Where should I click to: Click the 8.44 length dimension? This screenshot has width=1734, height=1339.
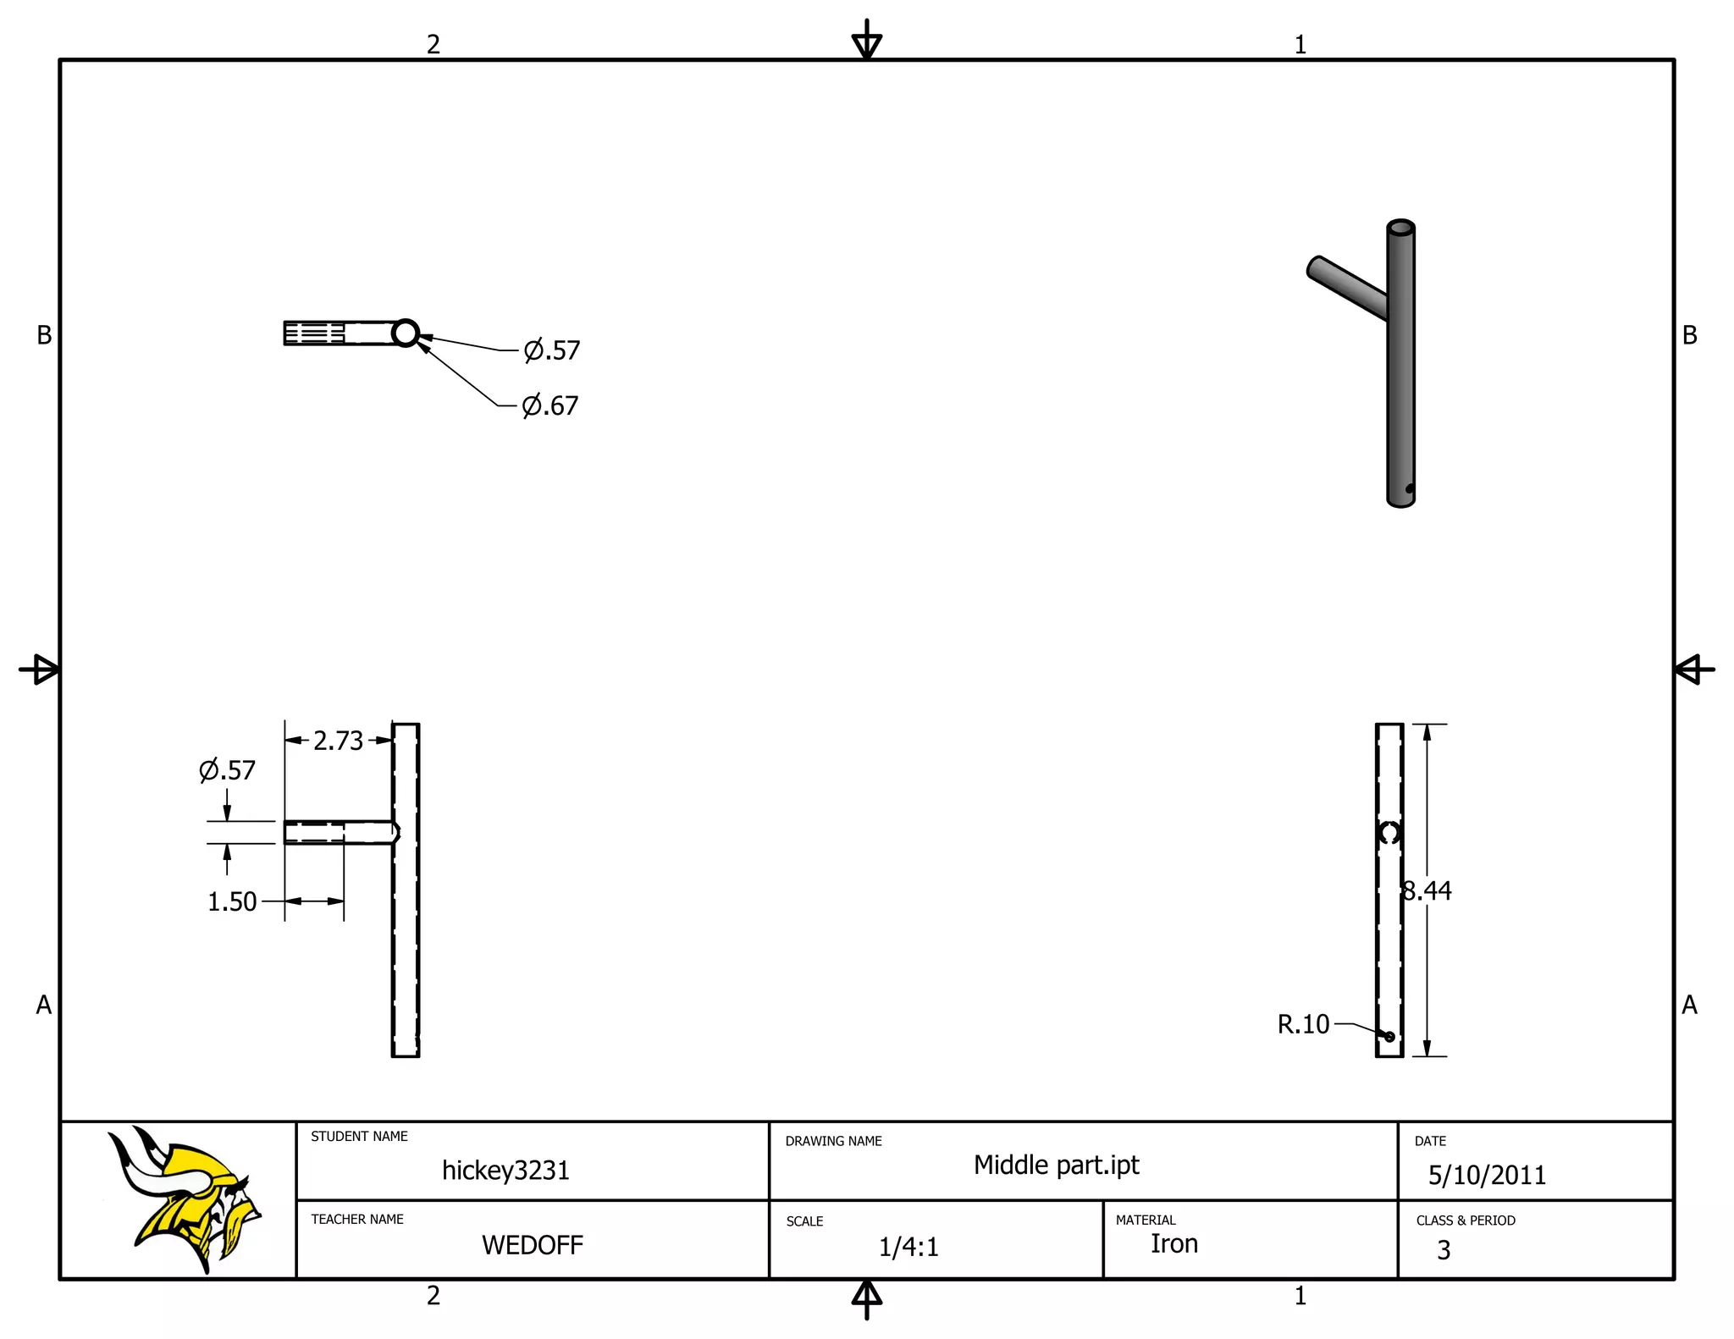coord(1427,890)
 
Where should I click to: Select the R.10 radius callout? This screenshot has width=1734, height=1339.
coord(1303,1024)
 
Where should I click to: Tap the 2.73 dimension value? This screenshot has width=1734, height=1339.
coord(338,741)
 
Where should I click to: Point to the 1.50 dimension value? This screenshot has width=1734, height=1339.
coord(232,901)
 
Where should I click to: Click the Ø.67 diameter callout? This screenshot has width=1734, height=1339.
coord(550,405)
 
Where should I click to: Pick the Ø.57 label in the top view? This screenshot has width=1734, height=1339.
coord(552,350)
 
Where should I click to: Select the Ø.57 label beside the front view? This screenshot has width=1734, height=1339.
coord(227,770)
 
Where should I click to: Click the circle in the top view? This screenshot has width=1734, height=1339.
coord(406,333)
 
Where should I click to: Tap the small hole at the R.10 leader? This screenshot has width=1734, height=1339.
coord(1389,1037)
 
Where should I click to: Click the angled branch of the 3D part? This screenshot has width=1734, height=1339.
coord(1346,288)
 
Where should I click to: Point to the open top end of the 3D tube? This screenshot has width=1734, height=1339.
coord(1400,228)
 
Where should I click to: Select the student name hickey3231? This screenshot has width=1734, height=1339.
coord(505,1171)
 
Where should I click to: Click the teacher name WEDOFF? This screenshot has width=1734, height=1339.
coord(532,1245)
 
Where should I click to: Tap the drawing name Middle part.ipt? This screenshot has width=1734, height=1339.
coord(1056,1165)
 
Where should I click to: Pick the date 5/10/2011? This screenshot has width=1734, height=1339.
coord(1487,1175)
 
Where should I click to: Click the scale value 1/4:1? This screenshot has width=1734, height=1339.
coord(908,1247)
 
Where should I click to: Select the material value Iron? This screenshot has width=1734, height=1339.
coord(1173,1243)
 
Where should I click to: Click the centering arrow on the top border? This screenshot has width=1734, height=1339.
coord(866,41)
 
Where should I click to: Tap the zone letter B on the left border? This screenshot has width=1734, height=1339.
coord(44,336)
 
